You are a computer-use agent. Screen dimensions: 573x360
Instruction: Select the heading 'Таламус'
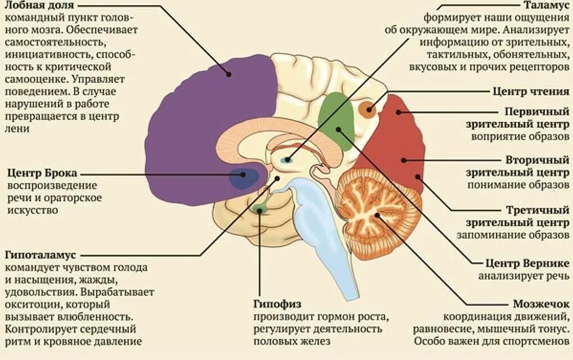point(546,6)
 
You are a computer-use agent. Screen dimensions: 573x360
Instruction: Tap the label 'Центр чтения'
point(531,91)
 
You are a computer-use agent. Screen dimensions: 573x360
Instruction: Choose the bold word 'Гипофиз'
point(275,304)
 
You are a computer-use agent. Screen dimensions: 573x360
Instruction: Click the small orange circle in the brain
point(368,109)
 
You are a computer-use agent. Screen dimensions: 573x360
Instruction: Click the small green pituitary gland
point(259,209)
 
